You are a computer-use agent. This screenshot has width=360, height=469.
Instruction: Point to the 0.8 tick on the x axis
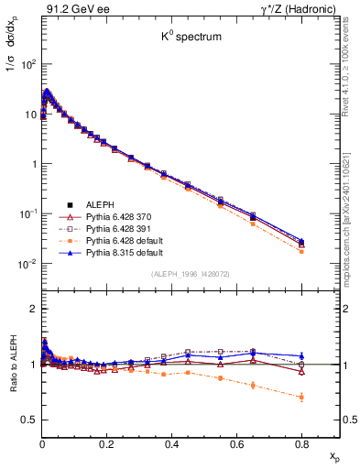coord(301,440)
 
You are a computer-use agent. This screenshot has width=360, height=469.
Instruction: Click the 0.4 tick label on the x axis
coord(171,440)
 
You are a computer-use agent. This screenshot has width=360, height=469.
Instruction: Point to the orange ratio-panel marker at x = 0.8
coord(301,397)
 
